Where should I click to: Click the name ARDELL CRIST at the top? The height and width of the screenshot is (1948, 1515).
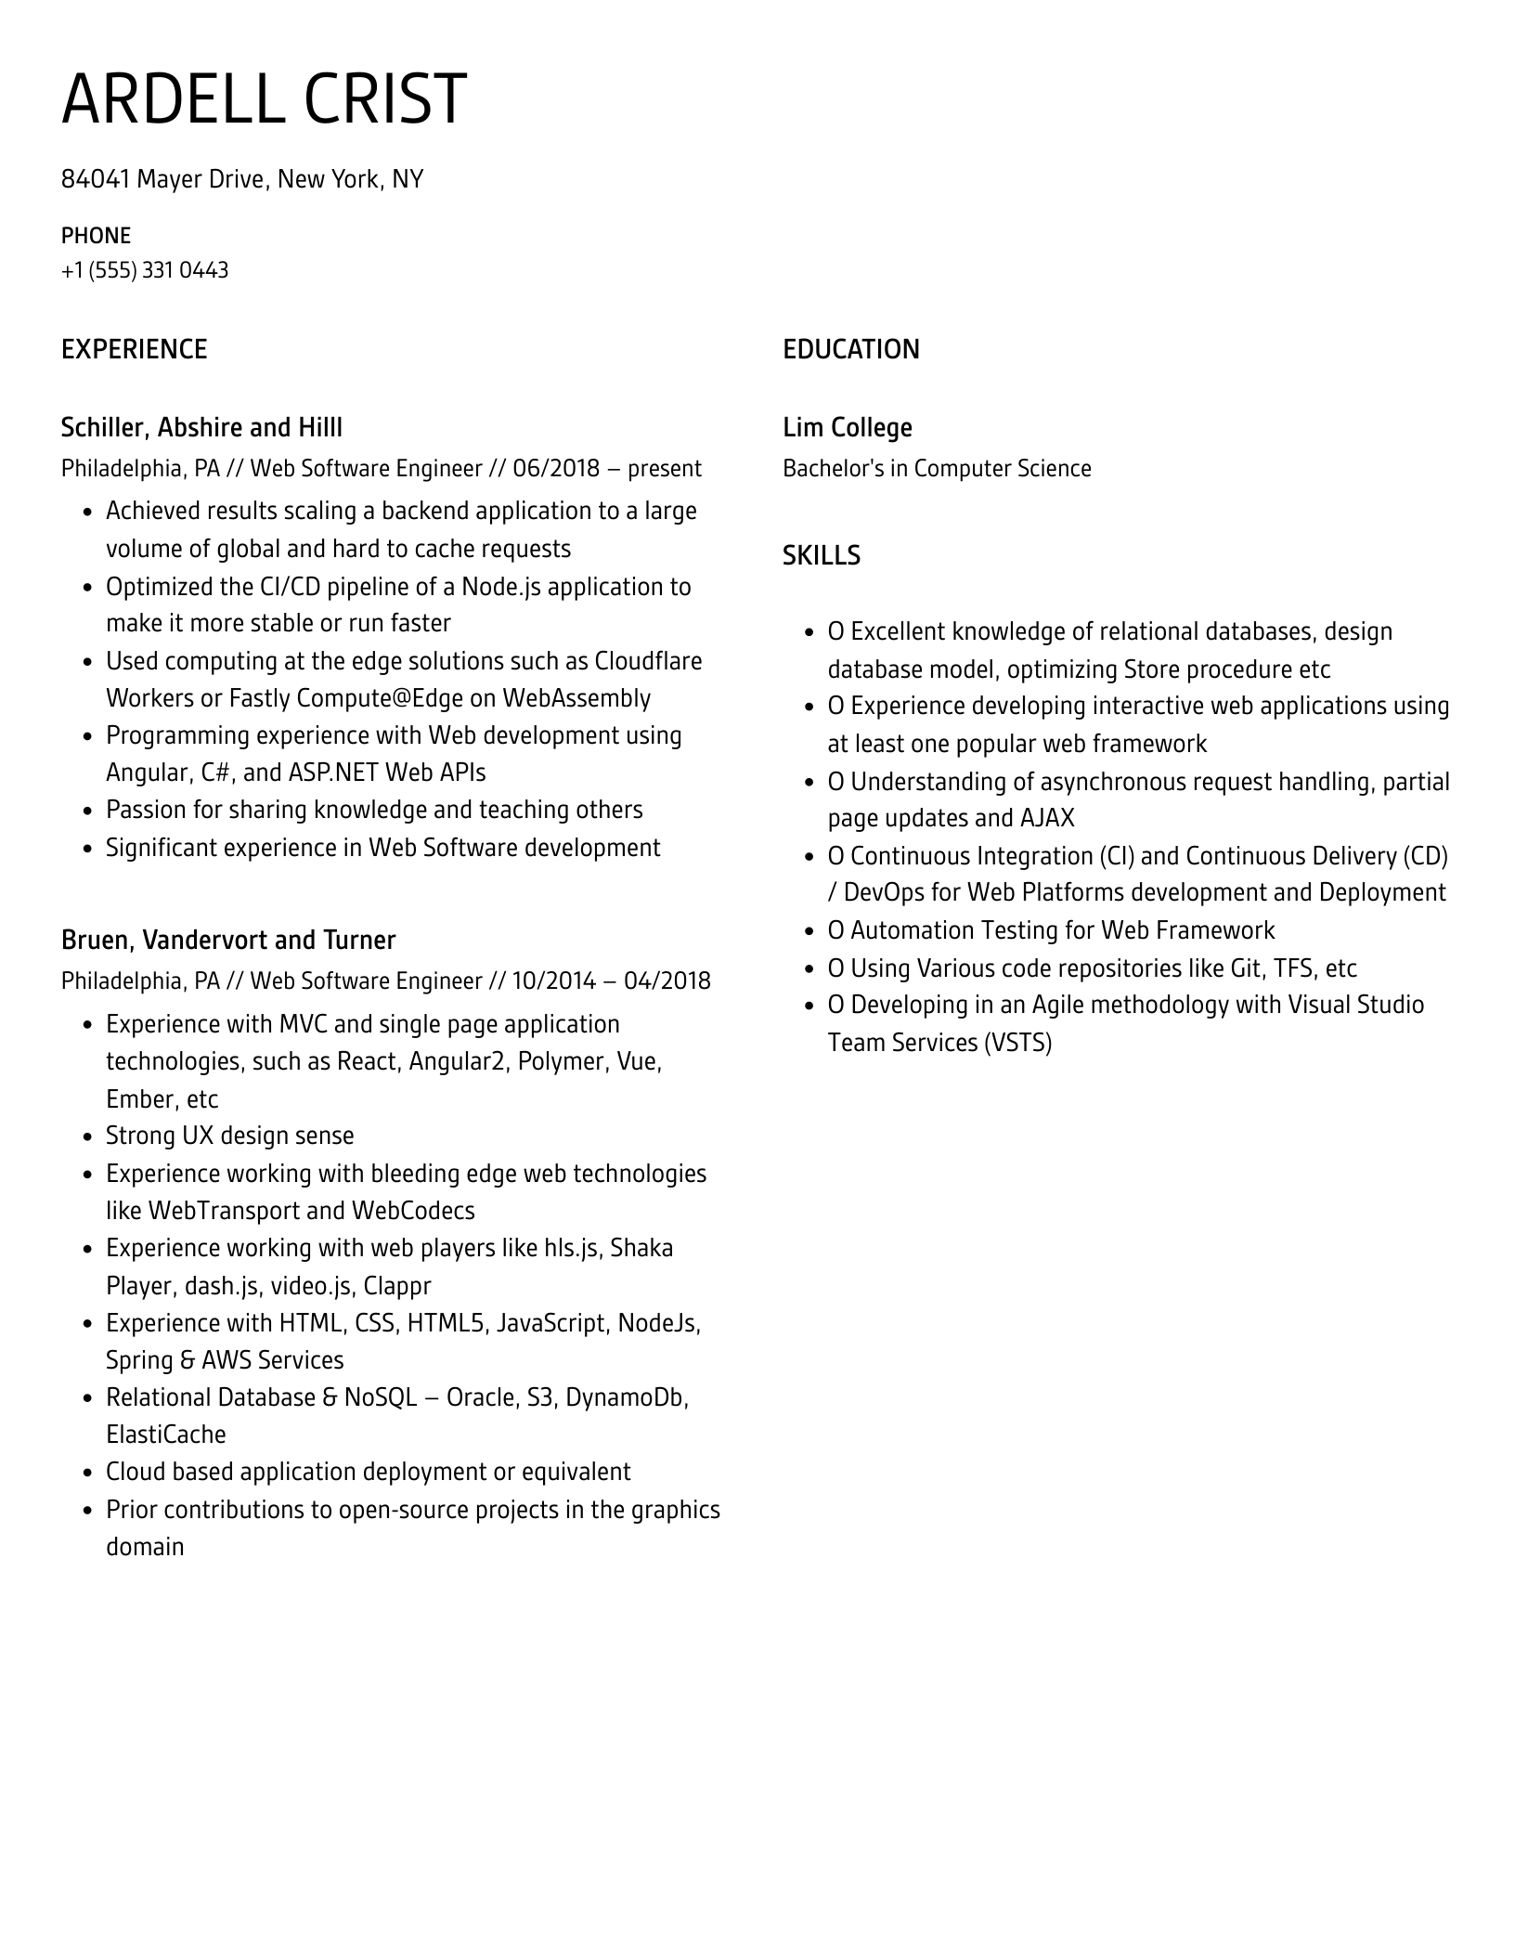tap(264, 98)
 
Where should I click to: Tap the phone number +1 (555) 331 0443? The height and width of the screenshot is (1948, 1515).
tap(145, 270)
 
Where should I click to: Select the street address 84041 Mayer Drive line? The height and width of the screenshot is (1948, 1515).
tap(241, 179)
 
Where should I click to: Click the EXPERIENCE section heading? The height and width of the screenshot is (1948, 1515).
tap(134, 349)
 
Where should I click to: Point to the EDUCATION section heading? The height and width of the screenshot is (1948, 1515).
tap(850, 349)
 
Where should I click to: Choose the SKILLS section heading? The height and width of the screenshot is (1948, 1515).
tap(821, 555)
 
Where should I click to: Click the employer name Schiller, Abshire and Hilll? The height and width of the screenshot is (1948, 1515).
tap(201, 427)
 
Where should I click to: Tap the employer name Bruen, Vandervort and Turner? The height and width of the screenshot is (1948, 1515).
tap(227, 940)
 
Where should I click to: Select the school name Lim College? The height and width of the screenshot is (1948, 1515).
tap(847, 427)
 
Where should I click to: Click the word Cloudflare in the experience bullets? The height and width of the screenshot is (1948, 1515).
tap(648, 661)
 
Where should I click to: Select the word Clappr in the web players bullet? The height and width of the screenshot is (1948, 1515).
tap(397, 1286)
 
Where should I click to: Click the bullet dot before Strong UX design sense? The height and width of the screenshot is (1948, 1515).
tap(88, 1137)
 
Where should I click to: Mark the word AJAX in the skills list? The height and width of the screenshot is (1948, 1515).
tap(1047, 818)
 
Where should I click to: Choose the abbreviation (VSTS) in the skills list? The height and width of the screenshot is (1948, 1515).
tap(1018, 1043)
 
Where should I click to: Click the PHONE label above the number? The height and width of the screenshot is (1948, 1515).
tap(96, 236)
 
